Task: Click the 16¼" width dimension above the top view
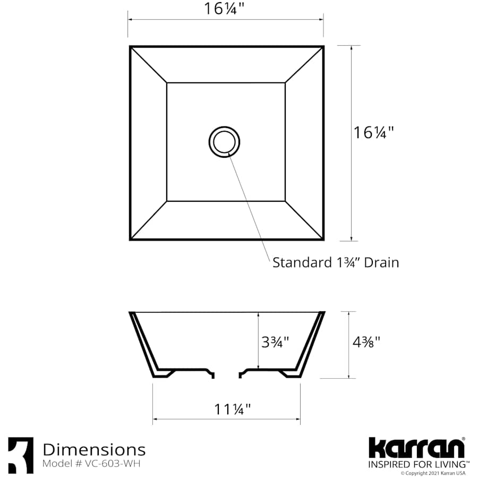(x=226, y=9)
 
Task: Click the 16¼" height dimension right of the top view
(x=374, y=132)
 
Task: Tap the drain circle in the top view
(x=224, y=142)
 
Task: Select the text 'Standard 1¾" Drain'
(x=335, y=262)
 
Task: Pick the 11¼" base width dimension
(x=232, y=409)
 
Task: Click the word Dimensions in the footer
(x=94, y=450)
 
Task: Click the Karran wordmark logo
(x=417, y=448)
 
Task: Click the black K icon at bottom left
(x=21, y=455)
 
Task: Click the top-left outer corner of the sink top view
(x=131, y=47)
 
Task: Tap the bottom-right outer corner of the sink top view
(x=323, y=239)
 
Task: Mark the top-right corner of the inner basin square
(x=285, y=83)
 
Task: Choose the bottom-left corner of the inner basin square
(x=167, y=201)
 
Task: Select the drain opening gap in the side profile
(x=227, y=374)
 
